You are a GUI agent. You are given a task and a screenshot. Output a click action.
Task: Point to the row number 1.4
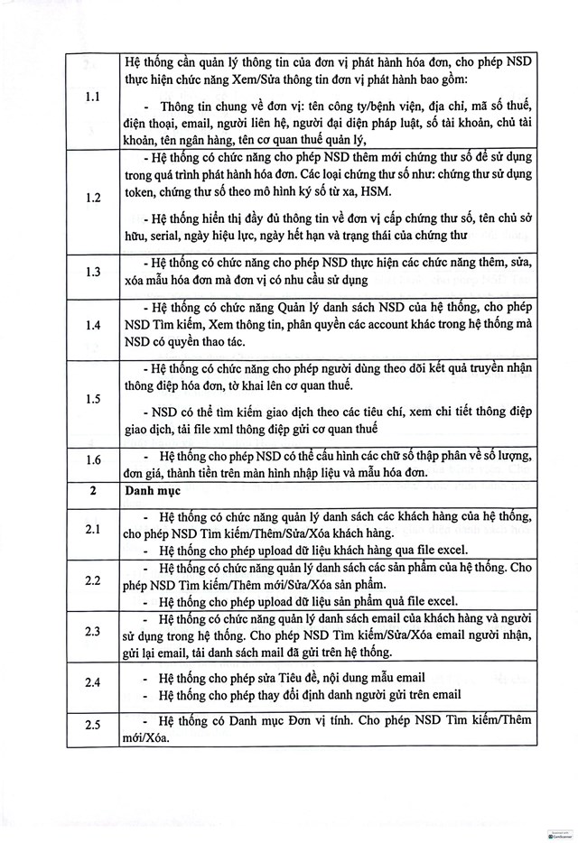tap(92, 323)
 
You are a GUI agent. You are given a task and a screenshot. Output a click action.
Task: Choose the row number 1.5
tap(92, 398)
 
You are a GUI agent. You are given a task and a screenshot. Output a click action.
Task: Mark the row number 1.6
tap(92, 460)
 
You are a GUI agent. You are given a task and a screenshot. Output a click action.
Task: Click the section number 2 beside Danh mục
tap(92, 493)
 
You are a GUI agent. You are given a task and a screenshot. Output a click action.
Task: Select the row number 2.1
tap(92, 530)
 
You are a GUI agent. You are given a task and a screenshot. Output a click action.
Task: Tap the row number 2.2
tap(92, 580)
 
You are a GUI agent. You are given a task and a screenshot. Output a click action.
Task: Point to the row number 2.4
tap(92, 684)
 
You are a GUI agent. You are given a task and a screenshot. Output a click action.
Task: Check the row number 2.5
tap(92, 727)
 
